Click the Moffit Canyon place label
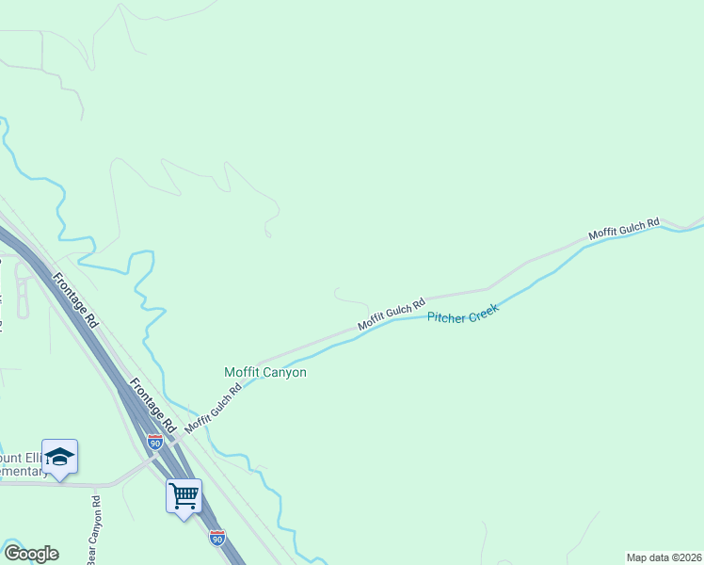tap(265, 372)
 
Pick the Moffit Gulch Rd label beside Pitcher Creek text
tap(392, 312)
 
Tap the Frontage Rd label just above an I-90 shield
tap(152, 405)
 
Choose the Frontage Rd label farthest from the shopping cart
tap(76, 299)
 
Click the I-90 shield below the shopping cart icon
tap(216, 538)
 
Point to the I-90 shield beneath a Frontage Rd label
tap(155, 441)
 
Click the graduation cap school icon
tap(59, 458)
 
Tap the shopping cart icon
tap(184, 493)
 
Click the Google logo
tap(31, 554)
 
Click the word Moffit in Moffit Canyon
tap(242, 372)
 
